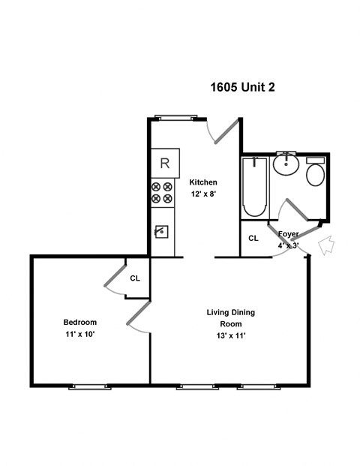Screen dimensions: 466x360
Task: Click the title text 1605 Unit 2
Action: pyautogui.click(x=242, y=87)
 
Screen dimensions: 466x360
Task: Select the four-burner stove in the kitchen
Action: pyautogui.click(x=162, y=192)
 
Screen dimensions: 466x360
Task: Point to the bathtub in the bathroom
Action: pyautogui.click(x=255, y=188)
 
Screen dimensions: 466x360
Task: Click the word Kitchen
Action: pyautogui.click(x=202, y=182)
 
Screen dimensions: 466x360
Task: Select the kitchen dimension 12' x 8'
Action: pyautogui.click(x=202, y=194)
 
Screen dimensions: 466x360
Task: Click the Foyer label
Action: pyautogui.click(x=289, y=234)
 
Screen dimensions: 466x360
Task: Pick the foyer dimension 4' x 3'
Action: pyautogui.click(x=289, y=245)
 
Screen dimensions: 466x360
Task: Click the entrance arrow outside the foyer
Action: pyautogui.click(x=326, y=245)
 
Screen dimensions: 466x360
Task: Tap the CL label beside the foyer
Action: pyautogui.click(x=253, y=239)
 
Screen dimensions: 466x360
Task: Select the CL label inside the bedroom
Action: pyautogui.click(x=135, y=278)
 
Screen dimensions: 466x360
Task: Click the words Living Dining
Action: pyautogui.click(x=232, y=311)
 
